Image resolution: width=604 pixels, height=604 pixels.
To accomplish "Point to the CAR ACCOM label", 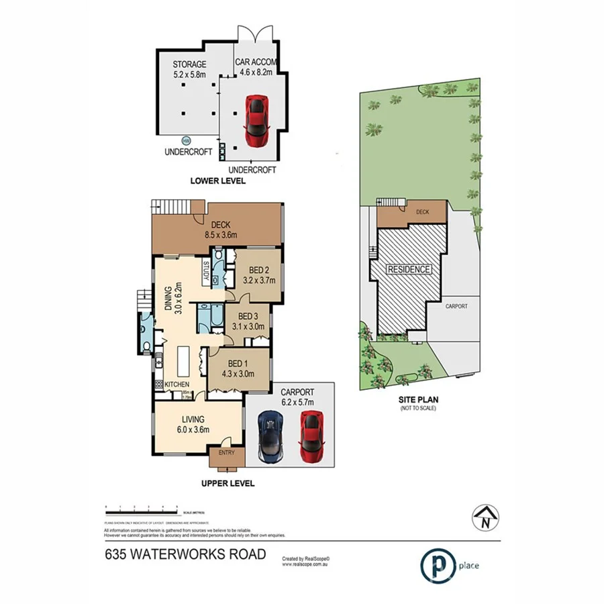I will (254, 62).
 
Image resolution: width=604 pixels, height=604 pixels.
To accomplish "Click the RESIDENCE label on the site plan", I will (409, 269).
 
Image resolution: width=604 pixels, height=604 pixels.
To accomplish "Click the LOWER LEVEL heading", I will (217, 181).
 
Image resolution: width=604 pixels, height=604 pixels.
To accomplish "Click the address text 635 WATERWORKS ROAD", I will (185, 554).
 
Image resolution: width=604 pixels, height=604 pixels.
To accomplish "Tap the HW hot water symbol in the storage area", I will (185, 141).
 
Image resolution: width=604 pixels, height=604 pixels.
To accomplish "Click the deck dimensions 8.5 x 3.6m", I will (221, 235).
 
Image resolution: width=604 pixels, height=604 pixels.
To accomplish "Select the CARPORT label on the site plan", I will (456, 306).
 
